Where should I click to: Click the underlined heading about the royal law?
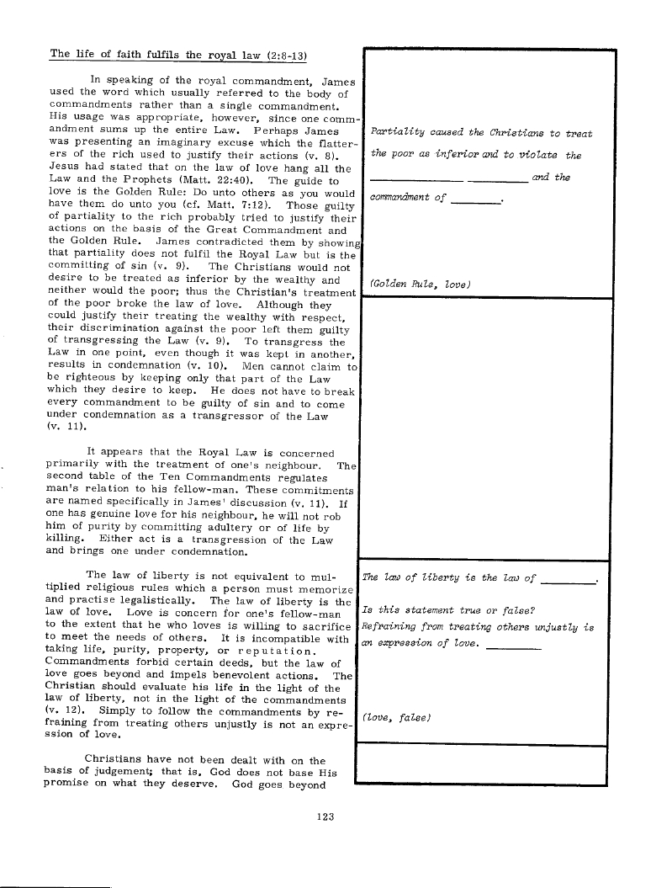(x=177, y=55)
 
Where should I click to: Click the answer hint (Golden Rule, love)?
(x=420, y=284)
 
